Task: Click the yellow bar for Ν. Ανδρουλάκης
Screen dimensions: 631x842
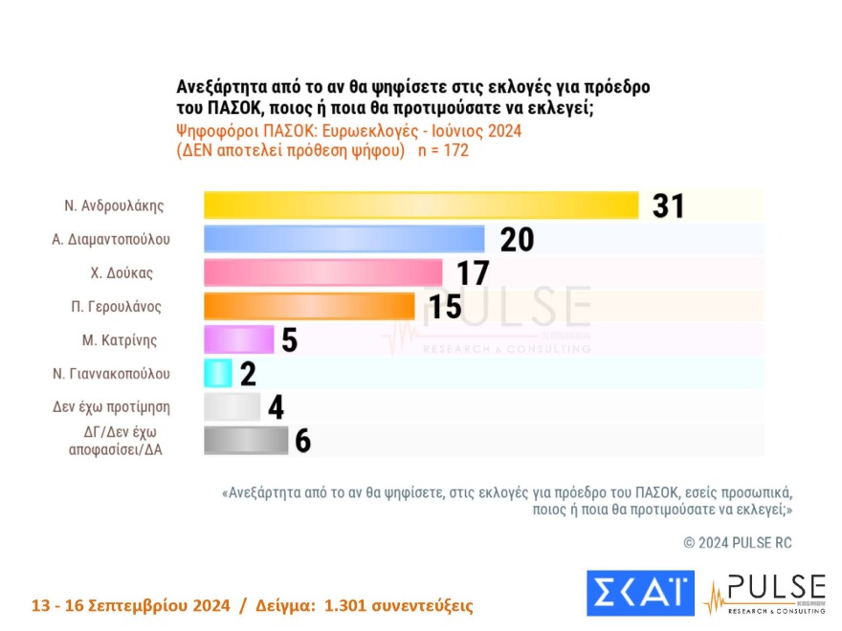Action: pyautogui.click(x=421, y=206)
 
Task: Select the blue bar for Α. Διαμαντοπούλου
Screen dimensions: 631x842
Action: pyautogui.click(x=344, y=239)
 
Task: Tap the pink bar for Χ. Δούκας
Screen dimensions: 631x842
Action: pyautogui.click(x=323, y=272)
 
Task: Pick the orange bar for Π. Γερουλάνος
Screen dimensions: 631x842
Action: pyautogui.click(x=309, y=306)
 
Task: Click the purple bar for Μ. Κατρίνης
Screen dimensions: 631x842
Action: pyautogui.click(x=239, y=339)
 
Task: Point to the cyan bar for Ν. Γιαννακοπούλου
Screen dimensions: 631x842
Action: pyautogui.click(x=218, y=373)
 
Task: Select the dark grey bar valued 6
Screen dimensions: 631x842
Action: pyautogui.click(x=246, y=440)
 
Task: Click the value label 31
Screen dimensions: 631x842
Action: pyautogui.click(x=668, y=206)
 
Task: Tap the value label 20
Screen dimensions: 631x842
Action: pyautogui.click(x=517, y=239)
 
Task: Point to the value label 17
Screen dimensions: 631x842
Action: pyautogui.click(x=473, y=273)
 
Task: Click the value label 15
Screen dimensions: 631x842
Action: pyautogui.click(x=444, y=307)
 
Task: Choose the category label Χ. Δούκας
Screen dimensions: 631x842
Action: pyautogui.click(x=122, y=272)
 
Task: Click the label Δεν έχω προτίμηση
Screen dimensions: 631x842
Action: pyautogui.click(x=112, y=406)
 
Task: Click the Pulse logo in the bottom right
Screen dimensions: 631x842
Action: pyautogui.click(x=765, y=593)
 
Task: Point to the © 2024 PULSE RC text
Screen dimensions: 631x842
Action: pyautogui.click(x=738, y=543)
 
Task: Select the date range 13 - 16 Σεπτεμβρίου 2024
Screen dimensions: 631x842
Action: pyautogui.click(x=131, y=606)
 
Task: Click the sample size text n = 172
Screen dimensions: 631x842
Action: pyautogui.click(x=443, y=151)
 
